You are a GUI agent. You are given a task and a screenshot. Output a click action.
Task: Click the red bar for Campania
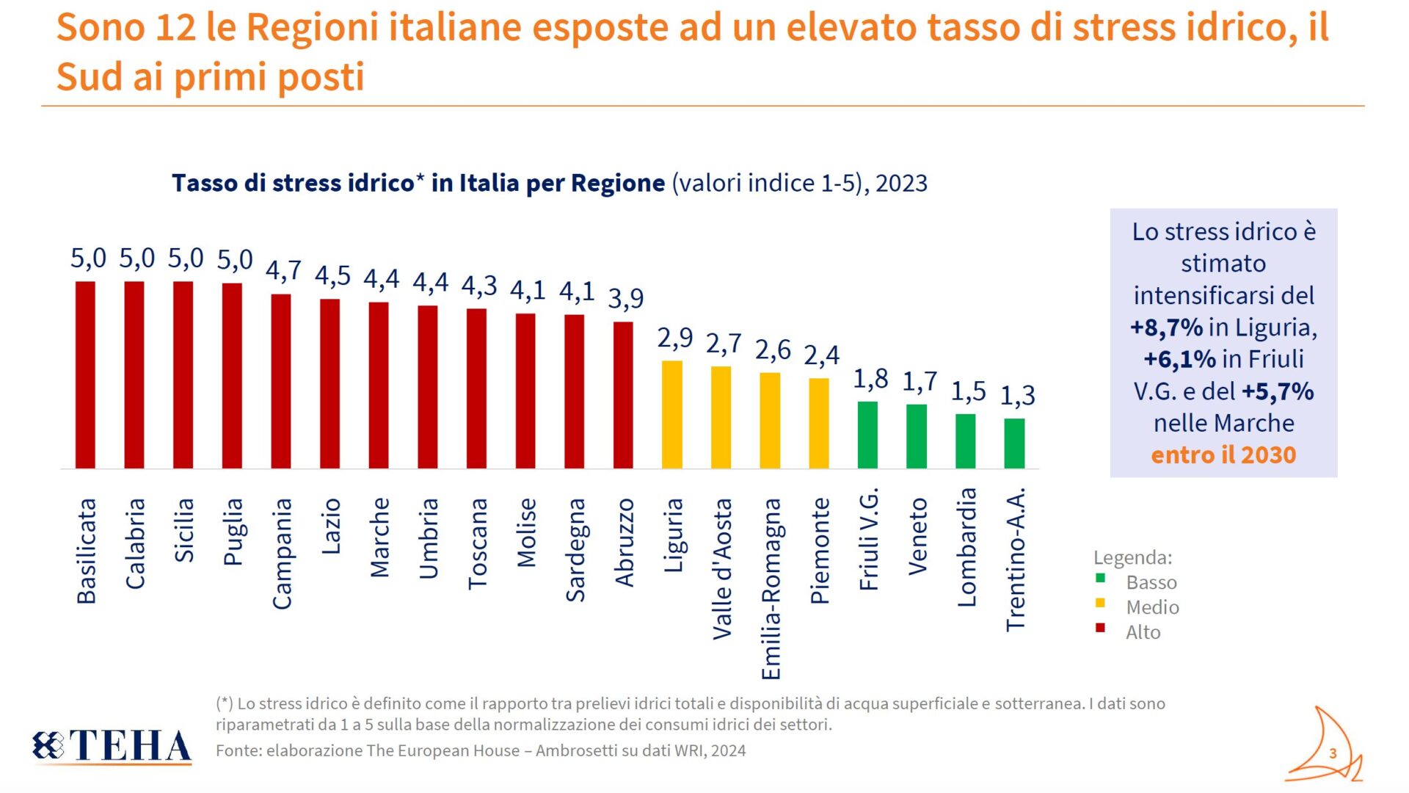281,381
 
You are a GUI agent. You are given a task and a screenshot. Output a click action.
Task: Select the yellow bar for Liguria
672,414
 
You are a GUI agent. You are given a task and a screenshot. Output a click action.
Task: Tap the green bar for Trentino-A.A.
1014,443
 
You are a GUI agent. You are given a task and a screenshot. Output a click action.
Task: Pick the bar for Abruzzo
623,395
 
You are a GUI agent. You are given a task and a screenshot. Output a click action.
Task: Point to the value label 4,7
283,271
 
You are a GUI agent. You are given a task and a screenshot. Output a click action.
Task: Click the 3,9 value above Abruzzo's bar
626,298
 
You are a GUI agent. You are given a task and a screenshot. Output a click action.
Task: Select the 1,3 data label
1018,396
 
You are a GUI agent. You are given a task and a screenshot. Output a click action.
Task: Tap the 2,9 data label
674,338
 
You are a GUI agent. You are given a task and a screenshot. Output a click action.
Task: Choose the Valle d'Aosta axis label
722,569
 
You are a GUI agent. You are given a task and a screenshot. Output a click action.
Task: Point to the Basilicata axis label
87,551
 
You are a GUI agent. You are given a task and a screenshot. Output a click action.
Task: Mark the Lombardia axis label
966,547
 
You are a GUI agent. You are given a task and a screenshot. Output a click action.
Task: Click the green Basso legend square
1100,579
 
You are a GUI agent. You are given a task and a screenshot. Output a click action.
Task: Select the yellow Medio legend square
1100,603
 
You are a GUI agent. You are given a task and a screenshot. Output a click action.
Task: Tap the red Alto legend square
1100,628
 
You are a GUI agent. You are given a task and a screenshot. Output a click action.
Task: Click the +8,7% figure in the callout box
1166,327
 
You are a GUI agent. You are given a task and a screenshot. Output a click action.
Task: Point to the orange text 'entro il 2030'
1223,455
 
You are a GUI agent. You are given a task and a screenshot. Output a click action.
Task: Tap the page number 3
1333,753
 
